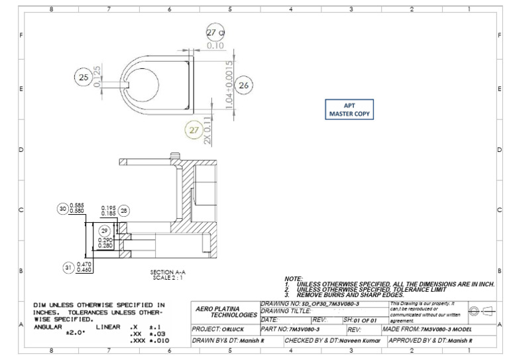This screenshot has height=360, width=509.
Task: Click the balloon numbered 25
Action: coord(84,78)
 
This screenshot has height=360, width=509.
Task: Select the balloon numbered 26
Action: coord(244,85)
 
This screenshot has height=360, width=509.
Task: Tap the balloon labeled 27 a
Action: coord(215,32)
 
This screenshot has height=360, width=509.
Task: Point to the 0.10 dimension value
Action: coord(215,46)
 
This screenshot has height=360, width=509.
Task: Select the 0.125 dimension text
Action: coord(98,77)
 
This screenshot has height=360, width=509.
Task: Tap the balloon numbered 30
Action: coord(64,208)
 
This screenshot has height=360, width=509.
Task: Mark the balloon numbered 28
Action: coord(124,210)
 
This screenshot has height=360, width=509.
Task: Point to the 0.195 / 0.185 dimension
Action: coord(108,210)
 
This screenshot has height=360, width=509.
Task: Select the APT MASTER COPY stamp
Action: coord(349,109)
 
